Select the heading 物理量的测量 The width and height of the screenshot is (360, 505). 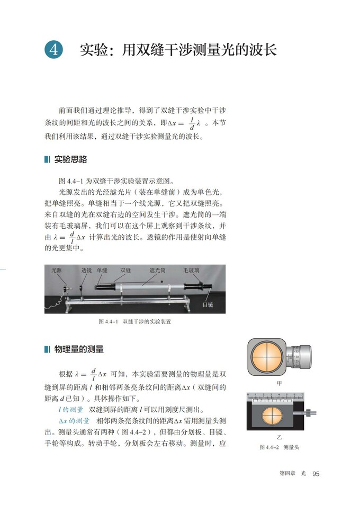[79, 349]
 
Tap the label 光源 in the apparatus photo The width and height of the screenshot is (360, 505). [57, 270]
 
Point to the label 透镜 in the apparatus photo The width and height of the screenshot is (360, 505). [86, 270]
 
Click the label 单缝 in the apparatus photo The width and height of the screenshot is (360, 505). [102, 270]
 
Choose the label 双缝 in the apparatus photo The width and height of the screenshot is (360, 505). [125, 270]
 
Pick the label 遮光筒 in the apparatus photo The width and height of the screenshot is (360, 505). [157, 270]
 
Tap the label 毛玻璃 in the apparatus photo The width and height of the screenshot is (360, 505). [192, 270]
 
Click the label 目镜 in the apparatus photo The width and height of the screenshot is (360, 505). [208, 305]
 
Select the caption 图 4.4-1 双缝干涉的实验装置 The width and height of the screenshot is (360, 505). [135, 321]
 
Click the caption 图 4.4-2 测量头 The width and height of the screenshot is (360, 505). [279, 447]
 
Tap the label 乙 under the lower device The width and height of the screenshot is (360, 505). [280, 438]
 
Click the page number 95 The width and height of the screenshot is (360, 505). [316, 473]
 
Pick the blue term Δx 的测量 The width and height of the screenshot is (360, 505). [74, 421]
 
